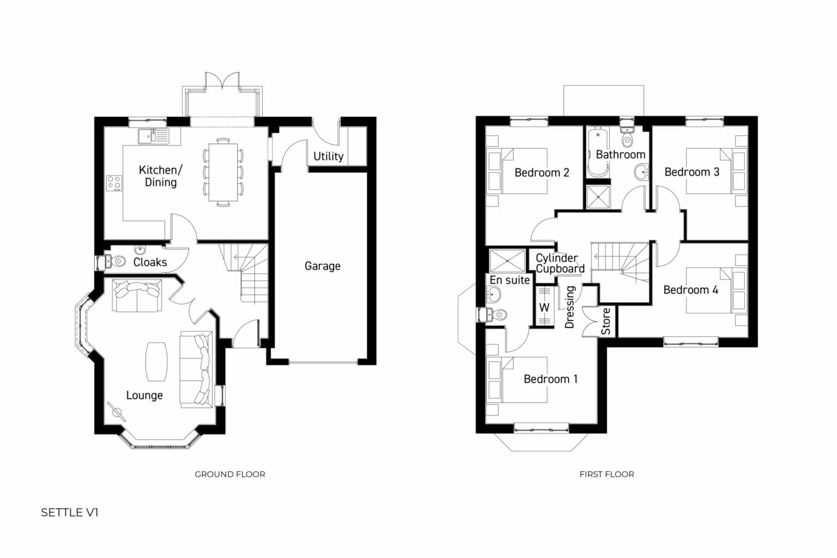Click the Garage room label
pos(322,266)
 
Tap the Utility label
pos(328,156)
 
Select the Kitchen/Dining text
pos(160,176)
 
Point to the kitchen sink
pos(153,136)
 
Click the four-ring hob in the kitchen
pos(114,183)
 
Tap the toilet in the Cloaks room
pos(114,262)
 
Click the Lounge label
pos(144,396)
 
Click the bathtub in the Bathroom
pos(597,153)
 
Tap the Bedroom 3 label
pos(692,172)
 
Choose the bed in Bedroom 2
pos(523,171)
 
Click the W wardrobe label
pos(544,307)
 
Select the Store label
pos(606,322)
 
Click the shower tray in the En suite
pos(507,260)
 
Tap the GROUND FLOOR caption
pos(230,474)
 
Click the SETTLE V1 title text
pos(70,513)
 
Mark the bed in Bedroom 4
pos(708,290)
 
